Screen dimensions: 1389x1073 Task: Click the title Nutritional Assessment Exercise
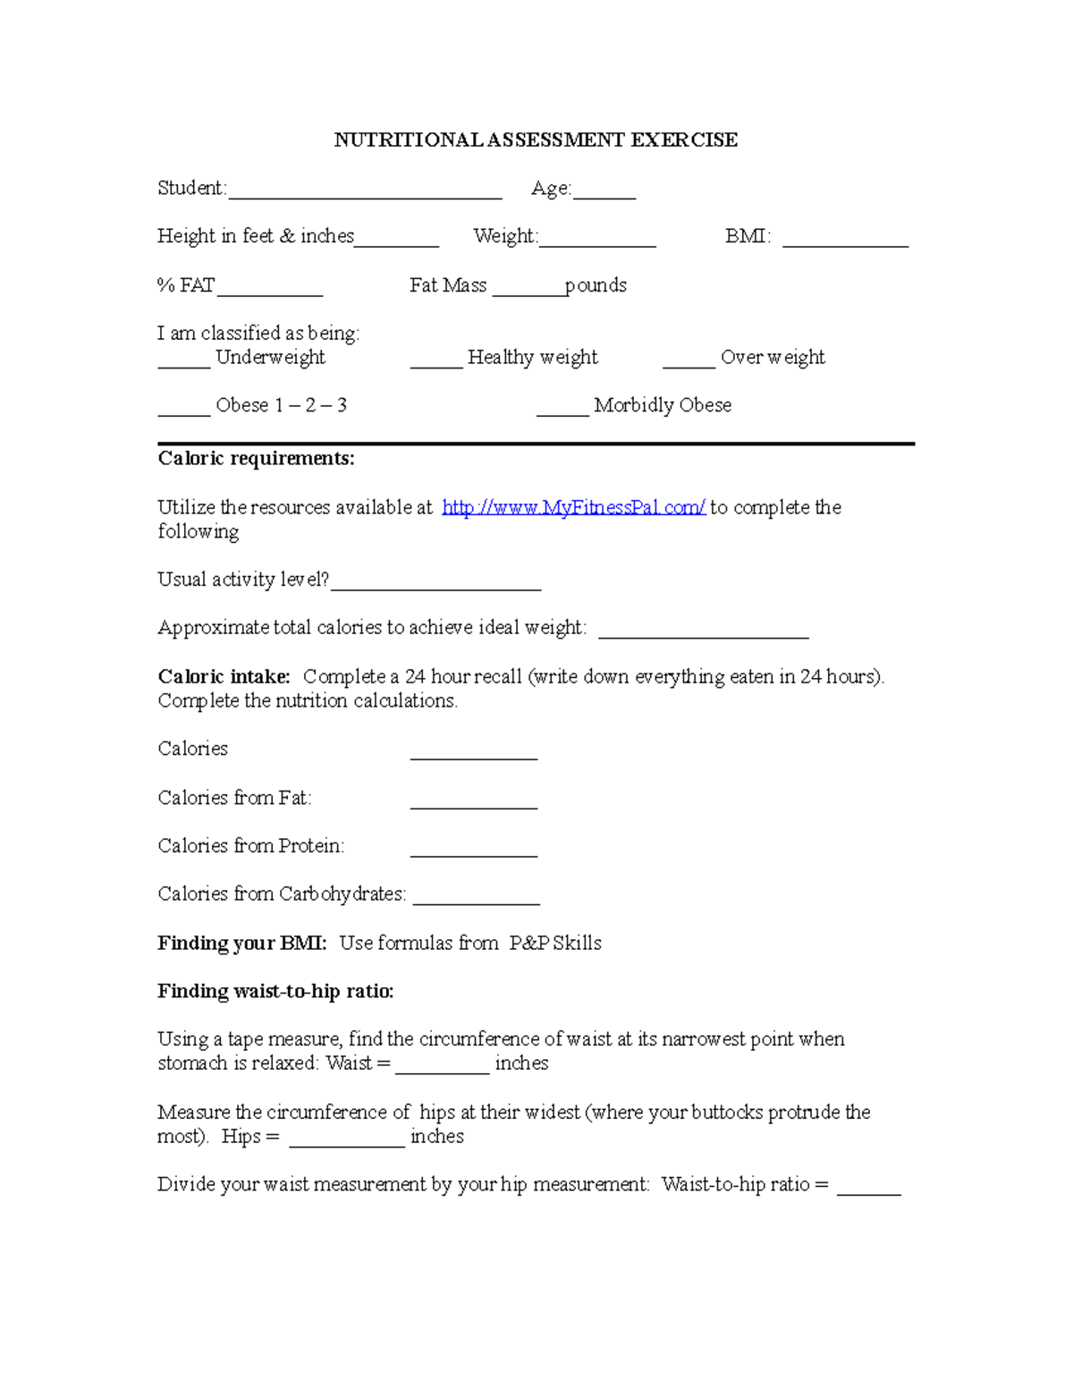pos(536,140)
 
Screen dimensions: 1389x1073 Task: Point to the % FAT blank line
pos(270,290)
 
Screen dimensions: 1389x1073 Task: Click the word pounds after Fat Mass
pos(596,285)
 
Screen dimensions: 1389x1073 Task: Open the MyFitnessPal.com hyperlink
pos(574,507)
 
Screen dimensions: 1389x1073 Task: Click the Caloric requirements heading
pos(257,459)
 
